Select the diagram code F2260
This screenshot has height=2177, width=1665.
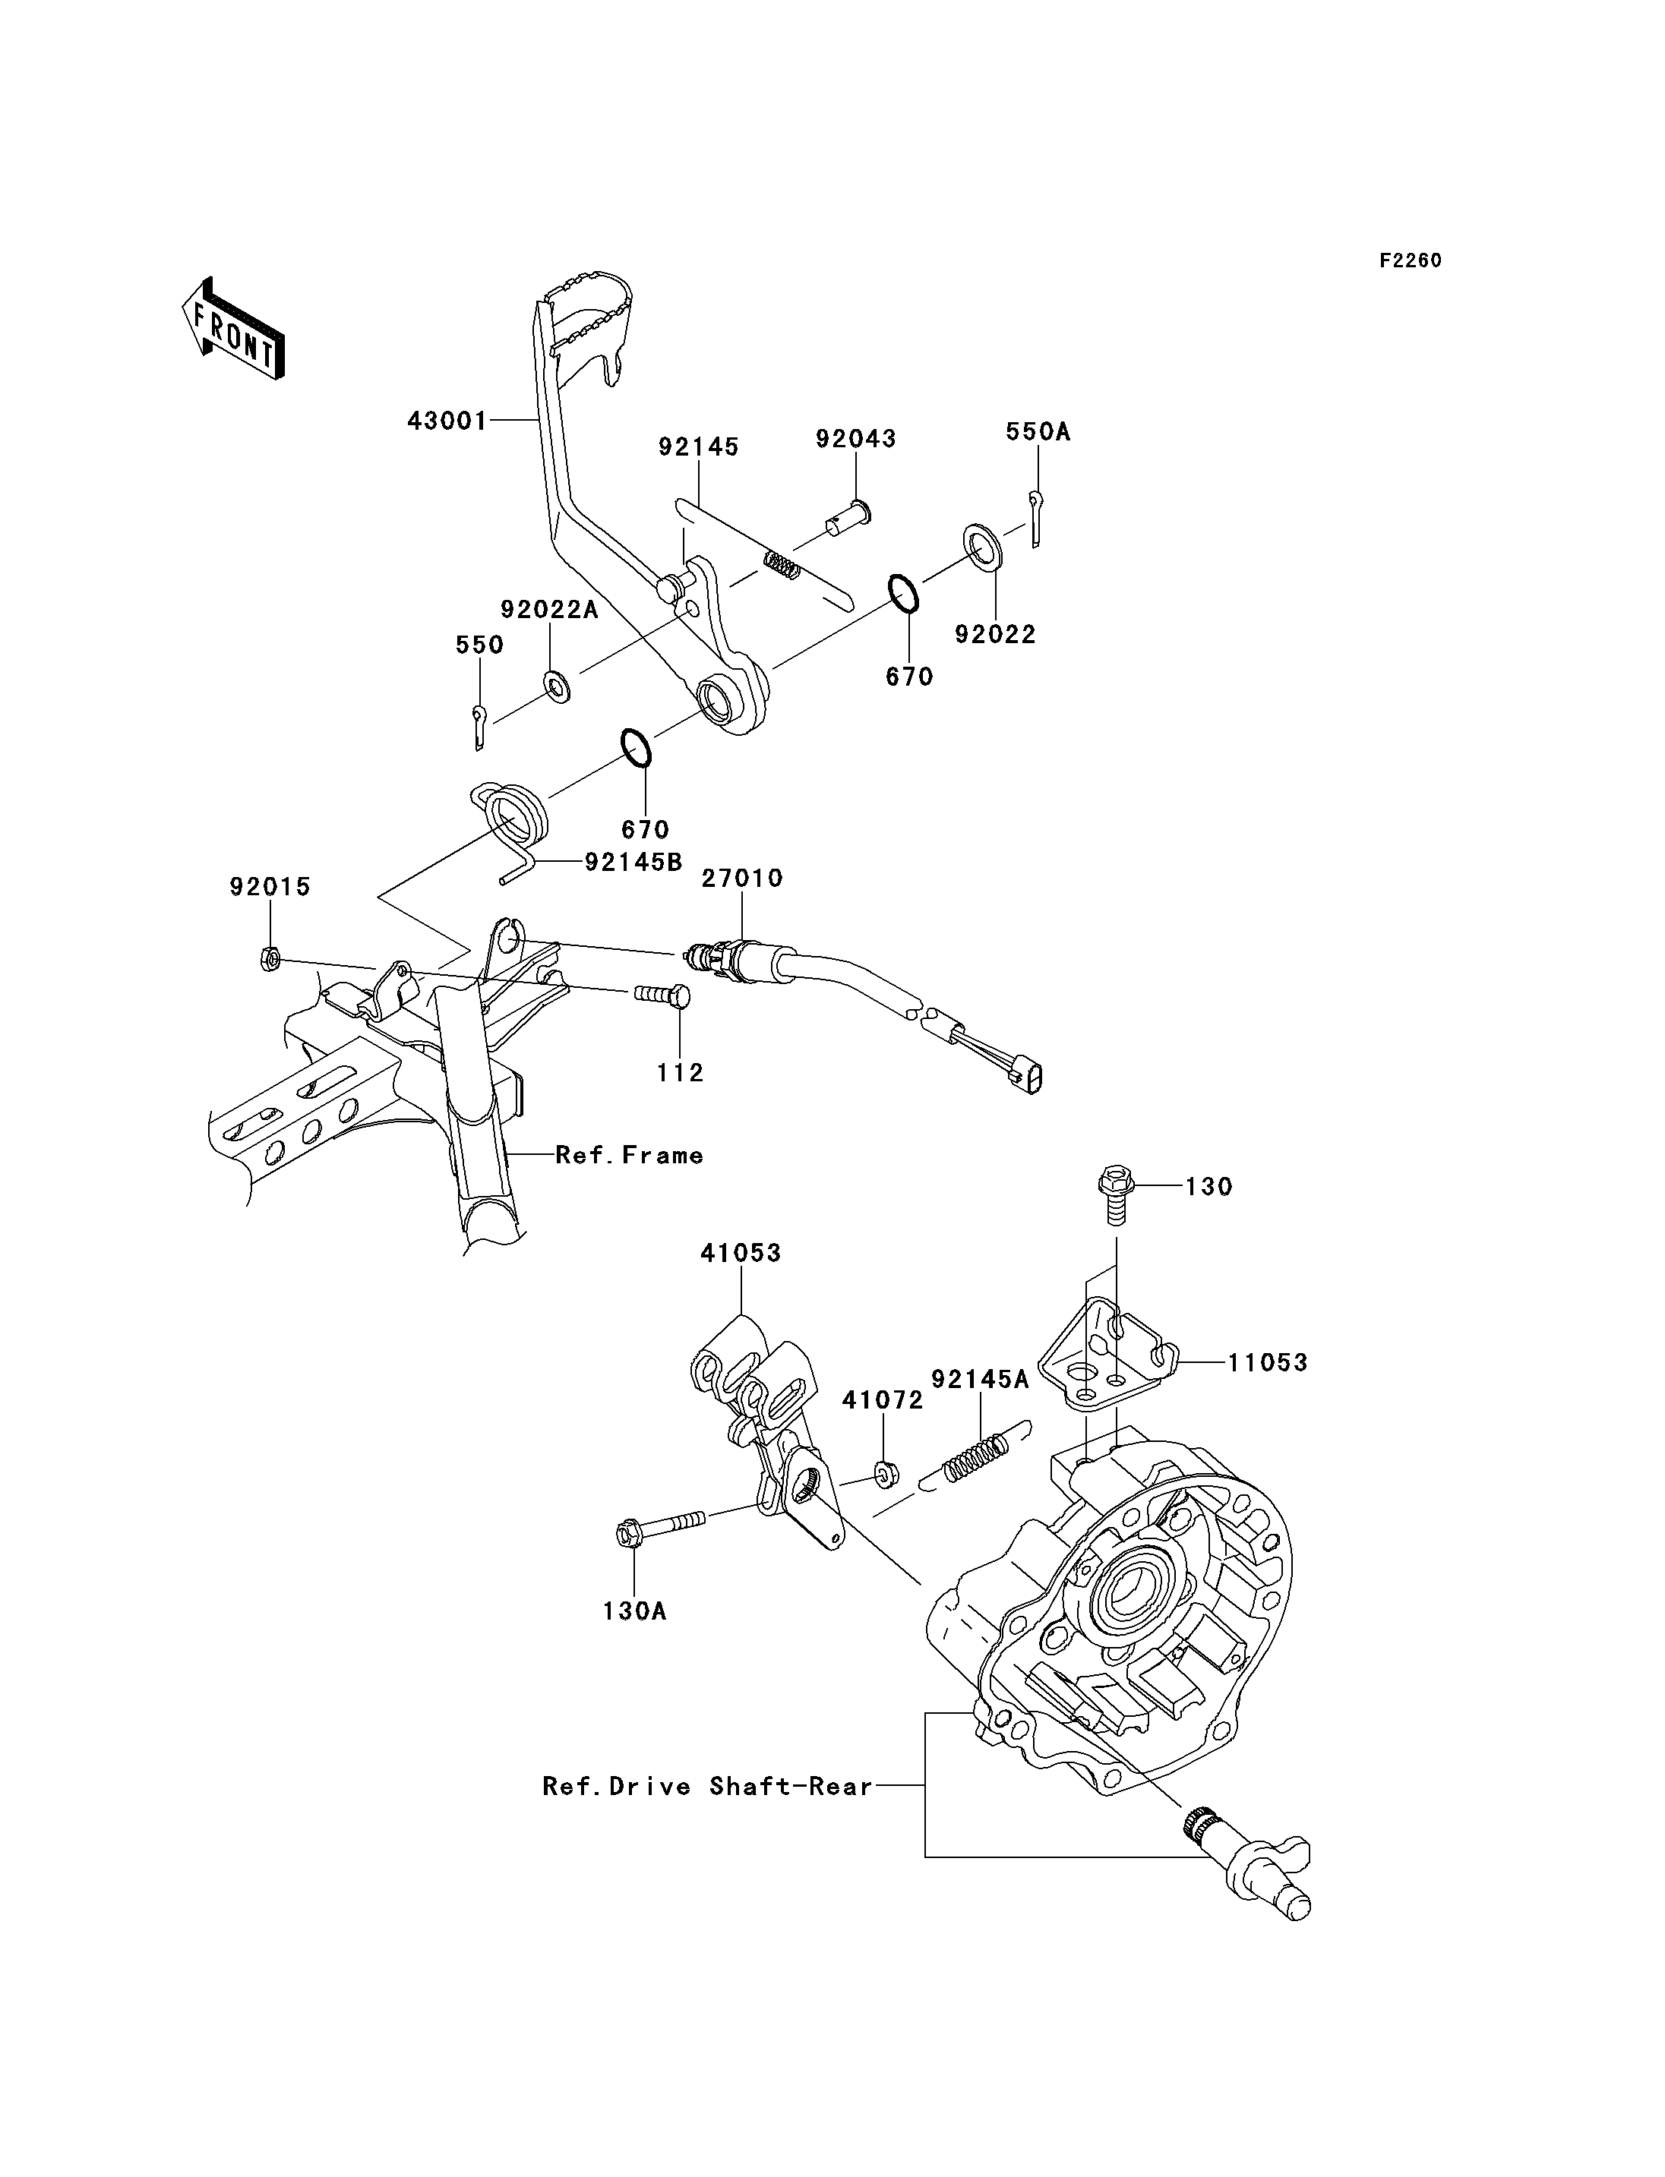[x=1411, y=260]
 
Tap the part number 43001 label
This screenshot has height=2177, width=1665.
[x=448, y=421]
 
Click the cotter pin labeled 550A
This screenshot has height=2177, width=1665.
[x=1035, y=517]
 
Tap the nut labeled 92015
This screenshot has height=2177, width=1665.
[x=269, y=958]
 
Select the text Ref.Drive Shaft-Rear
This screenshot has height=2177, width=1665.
[x=708, y=1787]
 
